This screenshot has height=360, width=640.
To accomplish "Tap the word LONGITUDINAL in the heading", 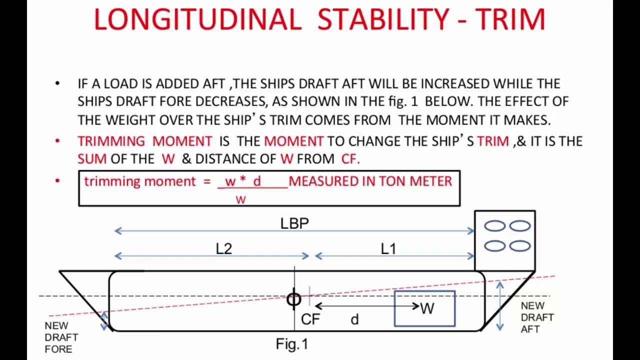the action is pyautogui.click(x=197, y=19).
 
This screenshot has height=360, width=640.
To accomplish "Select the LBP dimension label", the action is pyautogui.click(x=294, y=223).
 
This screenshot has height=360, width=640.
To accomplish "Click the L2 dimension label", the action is pyautogui.click(x=224, y=249).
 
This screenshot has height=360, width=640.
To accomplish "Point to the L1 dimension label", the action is pyautogui.click(x=388, y=249).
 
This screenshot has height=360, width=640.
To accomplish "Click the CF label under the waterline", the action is pyautogui.click(x=310, y=319).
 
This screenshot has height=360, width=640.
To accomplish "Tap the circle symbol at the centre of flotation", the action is pyautogui.click(x=294, y=299).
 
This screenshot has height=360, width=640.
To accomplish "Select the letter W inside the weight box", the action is pyautogui.click(x=427, y=308).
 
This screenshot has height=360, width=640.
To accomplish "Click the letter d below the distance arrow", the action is pyautogui.click(x=354, y=319).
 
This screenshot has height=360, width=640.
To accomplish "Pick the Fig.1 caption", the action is pyautogui.click(x=292, y=344).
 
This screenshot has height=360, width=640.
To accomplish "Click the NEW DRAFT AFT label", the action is pyautogui.click(x=537, y=317).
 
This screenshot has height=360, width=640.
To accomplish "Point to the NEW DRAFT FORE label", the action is pyautogui.click(x=61, y=337).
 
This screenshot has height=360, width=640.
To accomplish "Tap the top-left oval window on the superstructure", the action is pyautogui.click(x=495, y=226).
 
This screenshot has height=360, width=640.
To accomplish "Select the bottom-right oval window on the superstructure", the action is pyautogui.click(x=520, y=246).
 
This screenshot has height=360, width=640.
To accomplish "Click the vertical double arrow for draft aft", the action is pyautogui.click(x=499, y=306).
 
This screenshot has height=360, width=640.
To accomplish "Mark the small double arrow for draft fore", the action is pyautogui.click(x=104, y=321).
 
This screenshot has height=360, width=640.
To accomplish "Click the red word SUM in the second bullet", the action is pyautogui.click(x=92, y=159).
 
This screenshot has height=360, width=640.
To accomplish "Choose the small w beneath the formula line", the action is pyautogui.click(x=241, y=199).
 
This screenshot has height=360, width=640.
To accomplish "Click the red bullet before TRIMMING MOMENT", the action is pyautogui.click(x=57, y=141).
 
